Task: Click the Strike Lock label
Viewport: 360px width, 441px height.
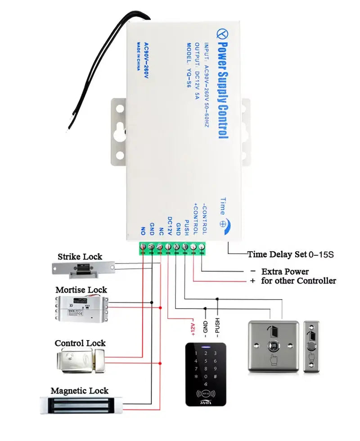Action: [x=80, y=257]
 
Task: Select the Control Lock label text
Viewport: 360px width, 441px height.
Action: [x=80, y=343]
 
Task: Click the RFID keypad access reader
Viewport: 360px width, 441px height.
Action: [x=206, y=374]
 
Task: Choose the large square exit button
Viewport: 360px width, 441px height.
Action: [x=273, y=346]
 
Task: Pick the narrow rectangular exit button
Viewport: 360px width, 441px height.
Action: [x=311, y=346]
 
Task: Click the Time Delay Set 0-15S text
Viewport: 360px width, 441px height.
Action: [x=290, y=255]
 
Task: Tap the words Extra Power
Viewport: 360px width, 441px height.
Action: [x=285, y=272]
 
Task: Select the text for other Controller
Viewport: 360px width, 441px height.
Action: [x=298, y=281]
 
